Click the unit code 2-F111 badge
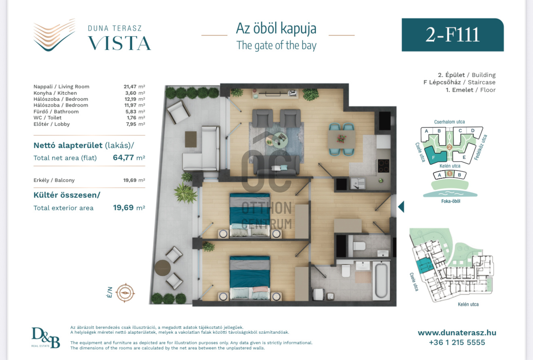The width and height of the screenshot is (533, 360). tap(453, 35)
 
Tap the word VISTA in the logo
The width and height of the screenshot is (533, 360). tap(120, 43)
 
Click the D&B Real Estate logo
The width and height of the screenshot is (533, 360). tap(46, 337)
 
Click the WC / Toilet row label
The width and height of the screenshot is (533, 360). tap(47, 118)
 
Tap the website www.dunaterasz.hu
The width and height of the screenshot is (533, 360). tap(457, 333)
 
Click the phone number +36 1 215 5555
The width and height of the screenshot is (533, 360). tap(457, 342)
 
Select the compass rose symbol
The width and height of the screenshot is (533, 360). tap(125, 293)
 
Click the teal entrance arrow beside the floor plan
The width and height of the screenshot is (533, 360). tap(401, 206)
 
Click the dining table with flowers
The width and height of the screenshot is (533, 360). tap(342, 139)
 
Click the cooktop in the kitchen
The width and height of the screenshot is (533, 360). tap(383, 166)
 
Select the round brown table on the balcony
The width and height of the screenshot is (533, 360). tap(162, 268)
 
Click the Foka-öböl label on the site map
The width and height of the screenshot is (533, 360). tap(451, 201)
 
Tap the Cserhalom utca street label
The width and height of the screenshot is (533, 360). tap(449, 122)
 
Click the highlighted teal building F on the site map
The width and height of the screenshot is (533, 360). tap(435, 155)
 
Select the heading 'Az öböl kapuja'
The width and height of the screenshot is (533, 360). tap(276, 29)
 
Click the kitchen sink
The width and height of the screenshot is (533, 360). tap(358, 184)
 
